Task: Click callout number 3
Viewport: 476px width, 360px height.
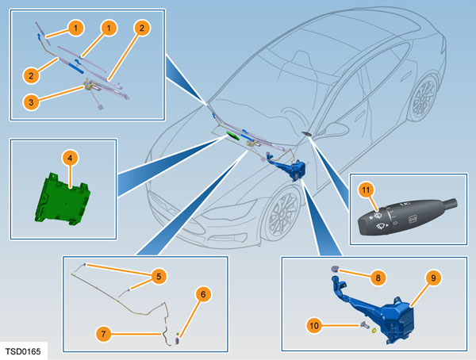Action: pos(31,101)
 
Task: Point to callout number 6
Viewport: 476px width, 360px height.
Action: pos(203,295)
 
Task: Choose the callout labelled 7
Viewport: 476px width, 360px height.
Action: pos(104,334)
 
